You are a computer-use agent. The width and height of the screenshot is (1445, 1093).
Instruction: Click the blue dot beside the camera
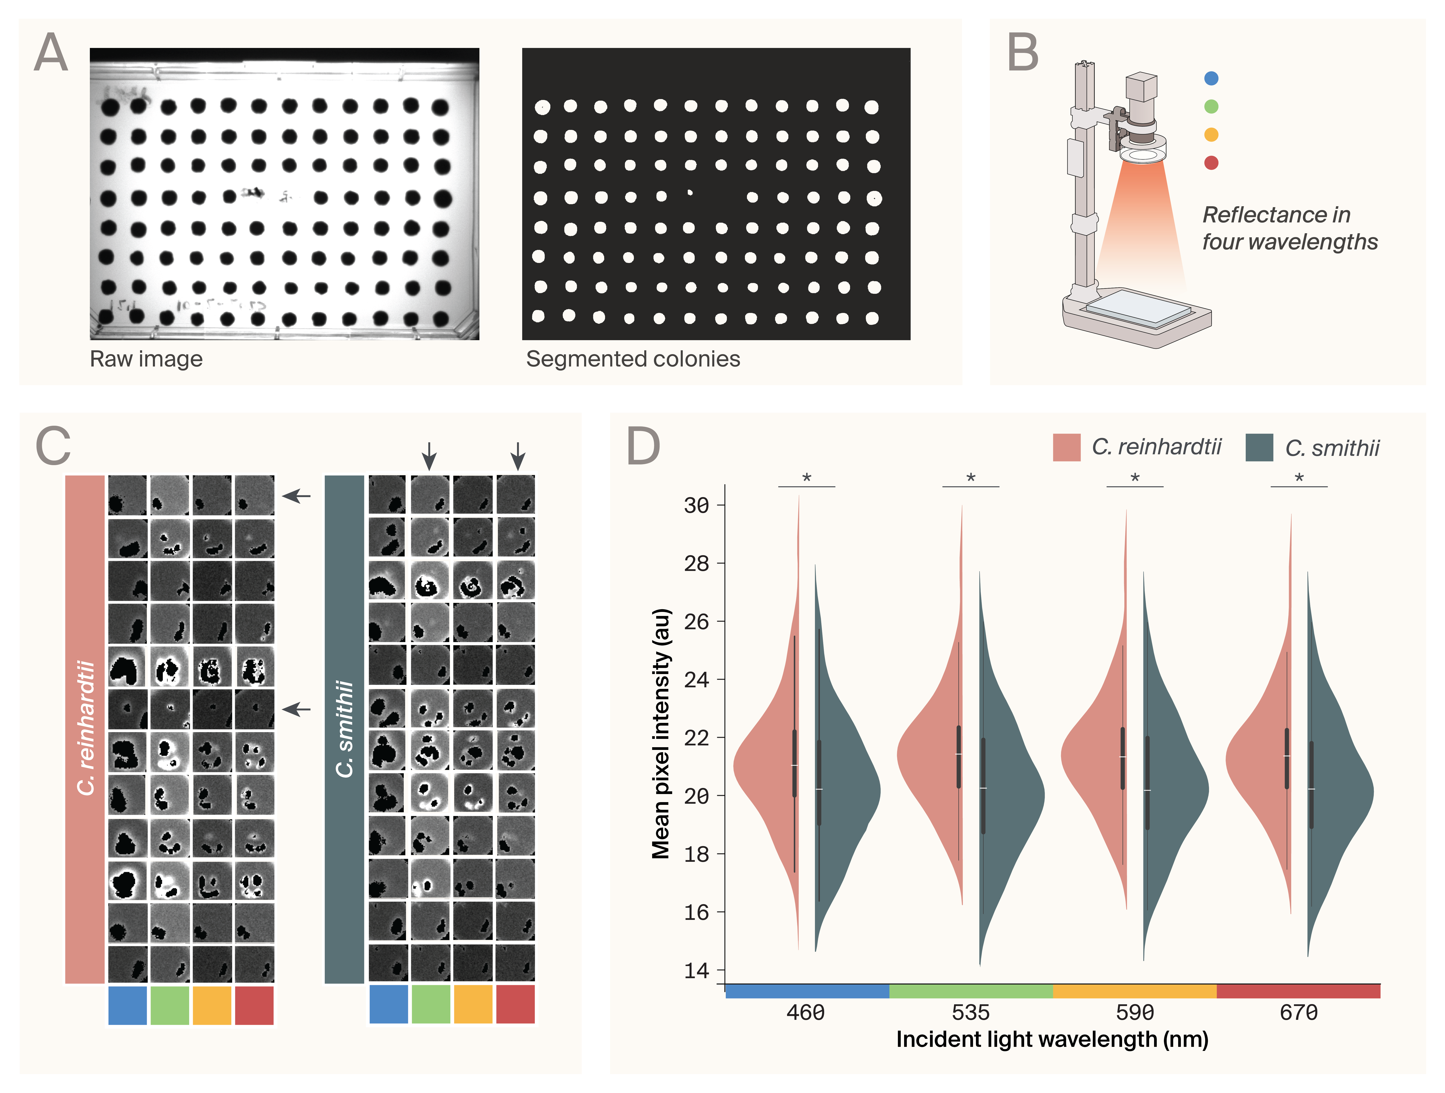point(1211,78)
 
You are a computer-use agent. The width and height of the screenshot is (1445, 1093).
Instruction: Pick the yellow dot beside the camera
point(1211,134)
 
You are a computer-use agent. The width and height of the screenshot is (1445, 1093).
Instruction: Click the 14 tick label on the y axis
point(696,970)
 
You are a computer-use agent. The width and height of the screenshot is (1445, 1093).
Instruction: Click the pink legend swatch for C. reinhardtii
point(1066,447)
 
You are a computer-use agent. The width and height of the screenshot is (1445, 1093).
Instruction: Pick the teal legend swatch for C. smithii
point(1259,447)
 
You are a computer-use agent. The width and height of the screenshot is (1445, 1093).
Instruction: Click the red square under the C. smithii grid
point(515,1004)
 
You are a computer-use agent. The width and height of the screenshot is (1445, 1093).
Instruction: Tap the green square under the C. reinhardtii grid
point(170,1005)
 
